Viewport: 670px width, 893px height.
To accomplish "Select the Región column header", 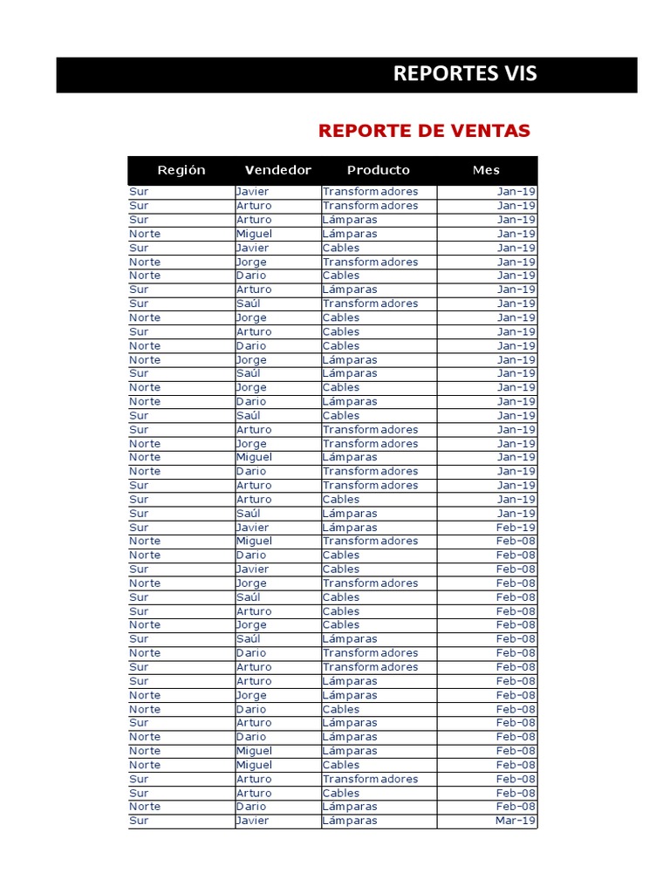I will pyautogui.click(x=181, y=170).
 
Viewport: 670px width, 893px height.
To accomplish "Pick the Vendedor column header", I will pyautogui.click(x=277, y=170).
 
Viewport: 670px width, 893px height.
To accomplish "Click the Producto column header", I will pyautogui.click(x=378, y=170).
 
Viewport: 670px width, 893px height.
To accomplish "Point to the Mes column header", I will pyautogui.click(x=486, y=170).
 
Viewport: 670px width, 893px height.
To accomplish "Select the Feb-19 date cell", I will pyautogui.click(x=516, y=528).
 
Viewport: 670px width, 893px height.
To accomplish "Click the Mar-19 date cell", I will pyautogui.click(x=516, y=821).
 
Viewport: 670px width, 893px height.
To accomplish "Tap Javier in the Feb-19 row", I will pyautogui.click(x=252, y=528).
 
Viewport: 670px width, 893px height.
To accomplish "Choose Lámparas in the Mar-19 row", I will pyautogui.click(x=349, y=821).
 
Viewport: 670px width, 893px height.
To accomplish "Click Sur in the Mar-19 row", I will pyautogui.click(x=139, y=821).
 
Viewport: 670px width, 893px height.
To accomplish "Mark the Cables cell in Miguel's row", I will pyautogui.click(x=340, y=765).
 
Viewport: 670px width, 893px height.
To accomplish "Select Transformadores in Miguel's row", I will pyautogui.click(x=370, y=542).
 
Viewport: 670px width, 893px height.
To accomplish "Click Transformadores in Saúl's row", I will pyautogui.click(x=370, y=303).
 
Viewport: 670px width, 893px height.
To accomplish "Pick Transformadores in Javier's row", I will pyautogui.click(x=370, y=192).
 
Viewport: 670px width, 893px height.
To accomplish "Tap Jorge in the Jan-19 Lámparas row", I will pyautogui.click(x=251, y=360).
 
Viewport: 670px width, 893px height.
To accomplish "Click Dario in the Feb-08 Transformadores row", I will pyautogui.click(x=251, y=653).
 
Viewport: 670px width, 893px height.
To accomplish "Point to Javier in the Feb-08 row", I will pyautogui.click(x=252, y=569).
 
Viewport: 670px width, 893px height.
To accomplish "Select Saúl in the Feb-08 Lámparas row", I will pyautogui.click(x=248, y=639).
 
